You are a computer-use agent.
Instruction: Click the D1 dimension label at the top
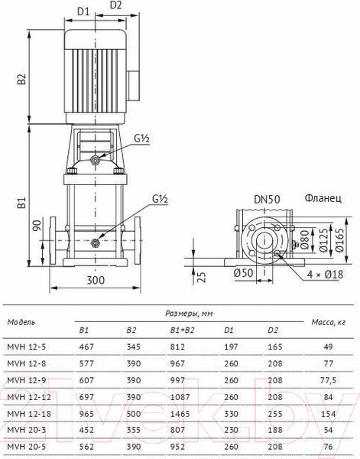(x=83, y=11)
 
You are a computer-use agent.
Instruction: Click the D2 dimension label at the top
(x=116, y=5)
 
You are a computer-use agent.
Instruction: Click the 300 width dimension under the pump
(x=95, y=281)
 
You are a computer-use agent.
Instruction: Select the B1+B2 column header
(x=182, y=330)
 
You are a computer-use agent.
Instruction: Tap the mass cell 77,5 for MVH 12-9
(x=329, y=379)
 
